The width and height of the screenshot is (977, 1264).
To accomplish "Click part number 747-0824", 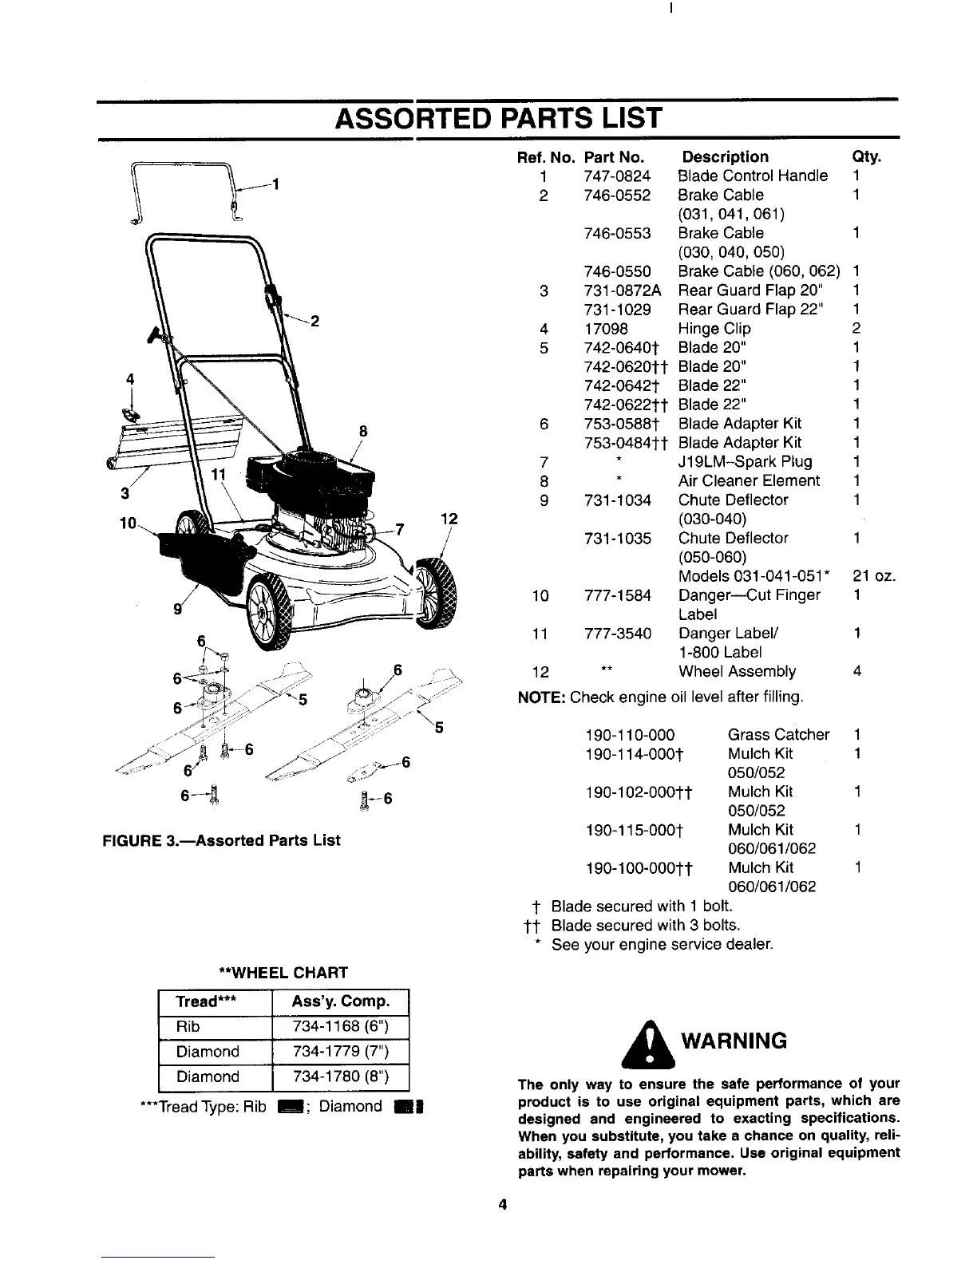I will coord(617,176).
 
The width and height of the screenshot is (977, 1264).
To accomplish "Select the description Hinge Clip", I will coord(714,329).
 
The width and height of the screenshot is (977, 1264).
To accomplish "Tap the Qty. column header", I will coord(867,157).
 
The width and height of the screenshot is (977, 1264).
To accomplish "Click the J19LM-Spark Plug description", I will coord(745,462).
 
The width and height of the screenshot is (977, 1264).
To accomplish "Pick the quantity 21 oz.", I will coord(873,576).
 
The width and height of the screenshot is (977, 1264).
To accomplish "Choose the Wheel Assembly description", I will coord(737,672).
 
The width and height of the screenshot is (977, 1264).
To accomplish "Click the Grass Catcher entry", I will coord(778,734).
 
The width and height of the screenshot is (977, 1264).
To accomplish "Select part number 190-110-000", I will coord(630,734).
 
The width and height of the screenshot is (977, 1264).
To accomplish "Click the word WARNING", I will coord(733,1041).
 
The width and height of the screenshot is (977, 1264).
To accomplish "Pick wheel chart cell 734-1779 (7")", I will coord(340,1052).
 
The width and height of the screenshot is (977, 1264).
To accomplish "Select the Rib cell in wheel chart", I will coord(189,1026).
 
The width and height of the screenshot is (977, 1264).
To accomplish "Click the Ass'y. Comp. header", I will coord(340,1001).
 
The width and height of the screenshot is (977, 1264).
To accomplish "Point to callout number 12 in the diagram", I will coord(449,519).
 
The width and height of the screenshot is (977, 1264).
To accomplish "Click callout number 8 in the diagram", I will coord(362,432).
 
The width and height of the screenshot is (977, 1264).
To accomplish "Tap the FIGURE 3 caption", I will coord(220,840).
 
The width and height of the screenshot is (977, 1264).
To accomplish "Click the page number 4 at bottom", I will coord(502,1205).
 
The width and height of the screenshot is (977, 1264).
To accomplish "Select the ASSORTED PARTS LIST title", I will coord(499,118).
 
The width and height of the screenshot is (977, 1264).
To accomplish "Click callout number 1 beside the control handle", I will coord(275,185).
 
